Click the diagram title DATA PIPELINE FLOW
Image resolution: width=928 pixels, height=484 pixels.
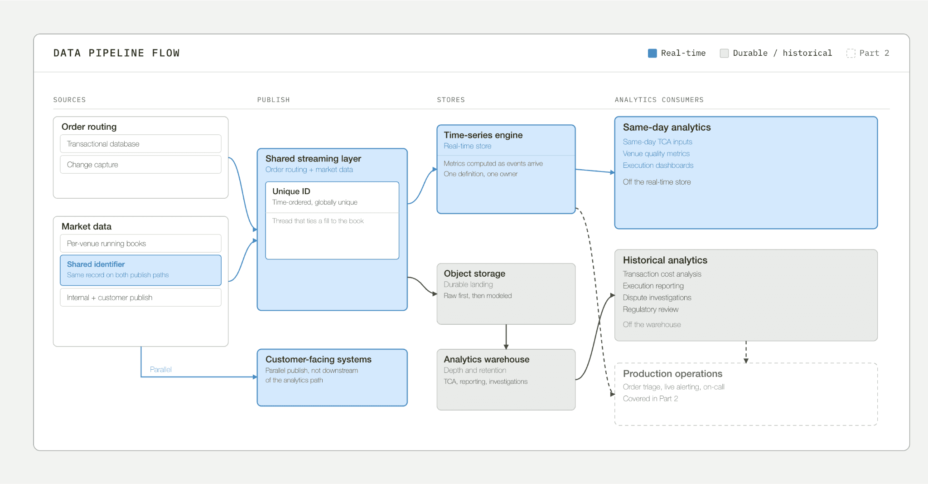coord(116,53)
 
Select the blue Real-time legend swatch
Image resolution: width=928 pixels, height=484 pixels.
coord(652,53)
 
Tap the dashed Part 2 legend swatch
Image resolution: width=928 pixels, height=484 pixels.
coord(851,53)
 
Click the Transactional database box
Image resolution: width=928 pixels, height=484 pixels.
coord(140,144)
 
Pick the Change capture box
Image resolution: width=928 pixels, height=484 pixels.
coord(140,165)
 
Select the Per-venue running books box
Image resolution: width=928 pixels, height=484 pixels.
coord(140,244)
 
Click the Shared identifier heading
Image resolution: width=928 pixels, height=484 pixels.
coord(96,264)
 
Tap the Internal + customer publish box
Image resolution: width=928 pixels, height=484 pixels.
coord(140,298)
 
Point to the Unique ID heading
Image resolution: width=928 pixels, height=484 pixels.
coord(291,191)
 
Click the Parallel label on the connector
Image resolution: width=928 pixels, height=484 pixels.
coord(161,369)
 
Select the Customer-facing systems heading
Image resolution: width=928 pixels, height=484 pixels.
coord(318,359)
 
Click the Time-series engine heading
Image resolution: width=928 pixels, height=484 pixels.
coord(483,135)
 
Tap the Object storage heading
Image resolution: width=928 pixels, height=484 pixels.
coord(474,274)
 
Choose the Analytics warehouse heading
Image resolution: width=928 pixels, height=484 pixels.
coord(486,359)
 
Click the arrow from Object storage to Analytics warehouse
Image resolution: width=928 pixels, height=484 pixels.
coord(506,337)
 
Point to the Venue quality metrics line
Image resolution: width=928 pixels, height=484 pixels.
coord(656,154)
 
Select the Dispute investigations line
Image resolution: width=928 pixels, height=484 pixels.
coord(657,298)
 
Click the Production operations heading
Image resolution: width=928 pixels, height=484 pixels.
coord(672,374)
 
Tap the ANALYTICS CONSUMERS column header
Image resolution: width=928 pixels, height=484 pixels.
coord(659,100)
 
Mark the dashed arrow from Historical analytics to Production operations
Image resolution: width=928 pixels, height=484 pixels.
coord(746,352)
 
